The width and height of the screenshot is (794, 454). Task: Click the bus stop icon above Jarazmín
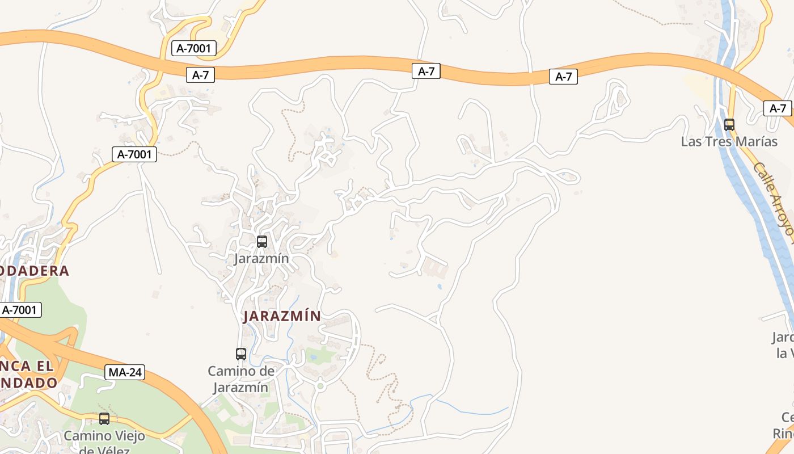[261, 241]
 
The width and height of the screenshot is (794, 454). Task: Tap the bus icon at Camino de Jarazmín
[241, 354]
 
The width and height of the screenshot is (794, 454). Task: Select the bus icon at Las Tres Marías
[729, 124]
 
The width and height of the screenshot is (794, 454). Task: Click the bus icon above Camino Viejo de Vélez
[104, 419]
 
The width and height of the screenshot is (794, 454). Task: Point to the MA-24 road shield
[125, 373]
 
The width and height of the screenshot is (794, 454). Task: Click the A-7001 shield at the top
[193, 48]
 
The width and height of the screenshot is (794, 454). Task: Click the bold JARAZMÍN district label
[282, 316]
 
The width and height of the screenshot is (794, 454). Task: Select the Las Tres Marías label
[729, 141]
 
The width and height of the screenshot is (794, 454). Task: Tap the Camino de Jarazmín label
[241, 379]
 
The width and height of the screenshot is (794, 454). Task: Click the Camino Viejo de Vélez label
[104, 442]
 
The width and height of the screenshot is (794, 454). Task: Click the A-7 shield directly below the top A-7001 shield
[200, 75]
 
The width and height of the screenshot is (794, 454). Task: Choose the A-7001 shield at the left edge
[20, 310]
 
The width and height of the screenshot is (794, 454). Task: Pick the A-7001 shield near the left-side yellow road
[134, 154]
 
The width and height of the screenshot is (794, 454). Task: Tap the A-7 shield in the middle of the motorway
[426, 71]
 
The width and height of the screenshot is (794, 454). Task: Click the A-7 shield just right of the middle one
[563, 77]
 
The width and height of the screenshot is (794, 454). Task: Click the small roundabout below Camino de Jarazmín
[320, 386]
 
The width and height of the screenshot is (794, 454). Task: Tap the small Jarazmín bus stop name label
[261, 259]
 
